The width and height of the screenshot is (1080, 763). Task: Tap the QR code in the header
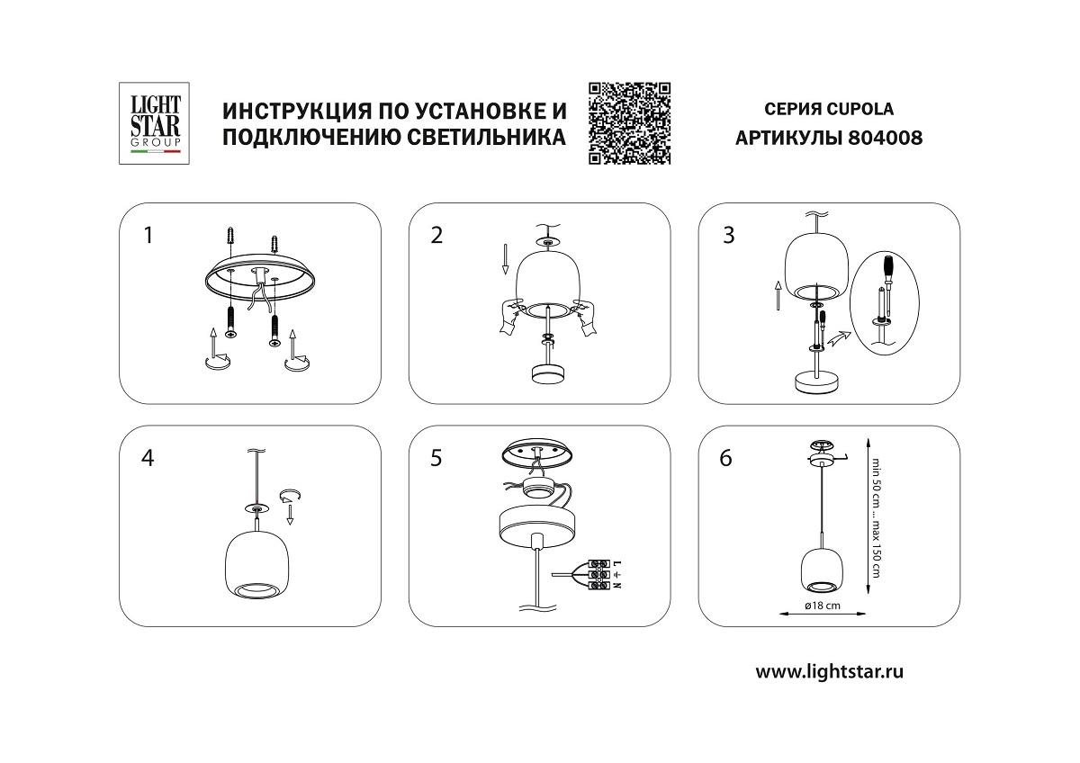[x=630, y=123]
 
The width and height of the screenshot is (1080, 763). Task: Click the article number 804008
[x=886, y=139]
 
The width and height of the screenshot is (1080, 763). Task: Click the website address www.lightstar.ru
[x=829, y=670]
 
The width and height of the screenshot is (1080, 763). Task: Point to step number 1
[x=148, y=236]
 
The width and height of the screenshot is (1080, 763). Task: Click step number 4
[x=148, y=458]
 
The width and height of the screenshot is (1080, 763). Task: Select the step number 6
[x=725, y=458]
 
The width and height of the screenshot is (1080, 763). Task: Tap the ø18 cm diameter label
[x=822, y=606]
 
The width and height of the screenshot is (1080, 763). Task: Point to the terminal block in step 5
[x=599, y=574]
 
